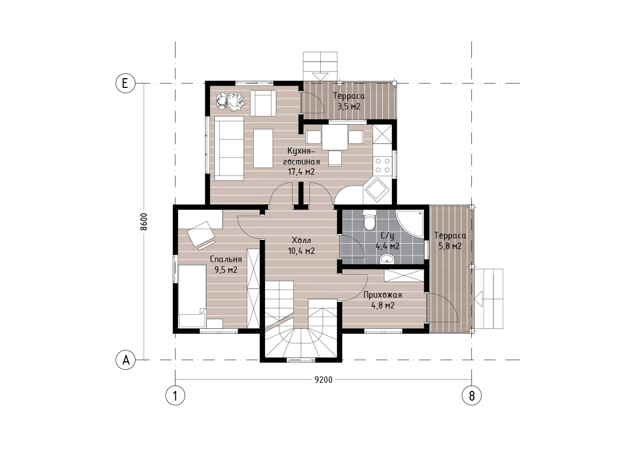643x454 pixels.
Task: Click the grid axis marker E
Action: click(x=125, y=83)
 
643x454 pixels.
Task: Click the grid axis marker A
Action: click(x=125, y=360)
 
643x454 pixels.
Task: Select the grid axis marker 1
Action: click(x=175, y=396)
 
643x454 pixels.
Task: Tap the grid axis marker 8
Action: click(x=472, y=396)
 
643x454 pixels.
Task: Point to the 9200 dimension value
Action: click(x=323, y=380)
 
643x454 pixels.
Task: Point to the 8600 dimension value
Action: click(x=144, y=222)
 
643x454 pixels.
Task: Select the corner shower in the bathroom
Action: click(x=410, y=224)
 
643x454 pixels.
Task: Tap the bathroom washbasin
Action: click(x=387, y=258)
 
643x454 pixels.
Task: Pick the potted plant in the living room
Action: click(x=230, y=101)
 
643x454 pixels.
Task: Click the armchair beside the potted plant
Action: click(x=263, y=103)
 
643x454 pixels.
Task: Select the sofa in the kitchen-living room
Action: click(x=229, y=148)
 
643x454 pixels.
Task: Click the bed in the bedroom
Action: click(x=192, y=296)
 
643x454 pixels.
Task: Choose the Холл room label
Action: click(x=301, y=240)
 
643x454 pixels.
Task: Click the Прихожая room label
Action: click(x=383, y=295)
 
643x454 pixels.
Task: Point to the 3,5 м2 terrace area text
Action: click(x=349, y=106)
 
